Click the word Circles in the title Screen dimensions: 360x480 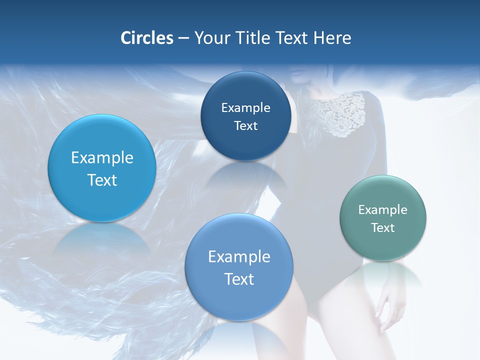(x=146, y=38)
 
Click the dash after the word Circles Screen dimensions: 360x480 (x=183, y=38)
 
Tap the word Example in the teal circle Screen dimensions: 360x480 (x=383, y=210)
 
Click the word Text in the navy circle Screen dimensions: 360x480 (x=246, y=126)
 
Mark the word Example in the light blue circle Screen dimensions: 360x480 (x=102, y=158)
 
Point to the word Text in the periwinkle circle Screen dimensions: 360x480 (x=239, y=279)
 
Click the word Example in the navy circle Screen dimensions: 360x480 (x=246, y=108)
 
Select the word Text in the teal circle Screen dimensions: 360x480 (x=383, y=228)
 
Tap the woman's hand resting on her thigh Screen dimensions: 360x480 (x=387, y=305)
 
